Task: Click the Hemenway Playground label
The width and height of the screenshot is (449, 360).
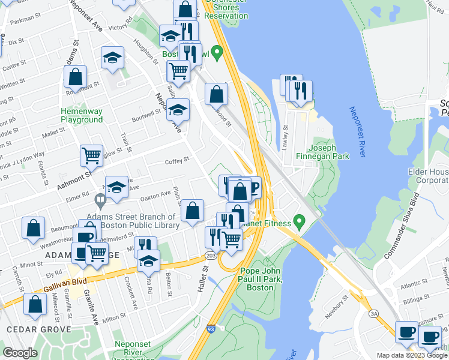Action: click(x=82, y=115)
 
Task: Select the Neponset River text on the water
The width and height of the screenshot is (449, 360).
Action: click(x=357, y=132)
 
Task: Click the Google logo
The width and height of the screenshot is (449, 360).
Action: click(x=20, y=352)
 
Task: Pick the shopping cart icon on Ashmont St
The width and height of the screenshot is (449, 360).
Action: click(x=91, y=156)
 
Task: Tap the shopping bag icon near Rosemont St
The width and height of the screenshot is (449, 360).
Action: click(x=76, y=77)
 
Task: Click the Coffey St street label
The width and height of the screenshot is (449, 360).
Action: click(x=177, y=160)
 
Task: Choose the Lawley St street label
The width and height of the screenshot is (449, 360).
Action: click(x=286, y=137)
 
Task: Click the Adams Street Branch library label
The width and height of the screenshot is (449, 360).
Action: click(x=133, y=221)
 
